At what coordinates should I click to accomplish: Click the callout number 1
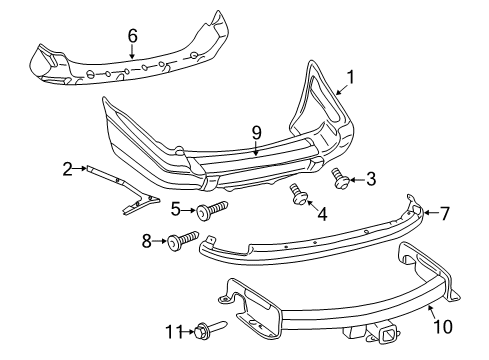click(351, 75)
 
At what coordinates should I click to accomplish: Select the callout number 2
click(67, 169)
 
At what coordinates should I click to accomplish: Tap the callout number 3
click(370, 179)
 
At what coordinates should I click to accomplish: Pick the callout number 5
click(175, 209)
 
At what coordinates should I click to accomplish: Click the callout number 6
click(132, 36)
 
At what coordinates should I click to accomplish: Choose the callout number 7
click(446, 212)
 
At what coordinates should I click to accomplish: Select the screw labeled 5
click(211, 209)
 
